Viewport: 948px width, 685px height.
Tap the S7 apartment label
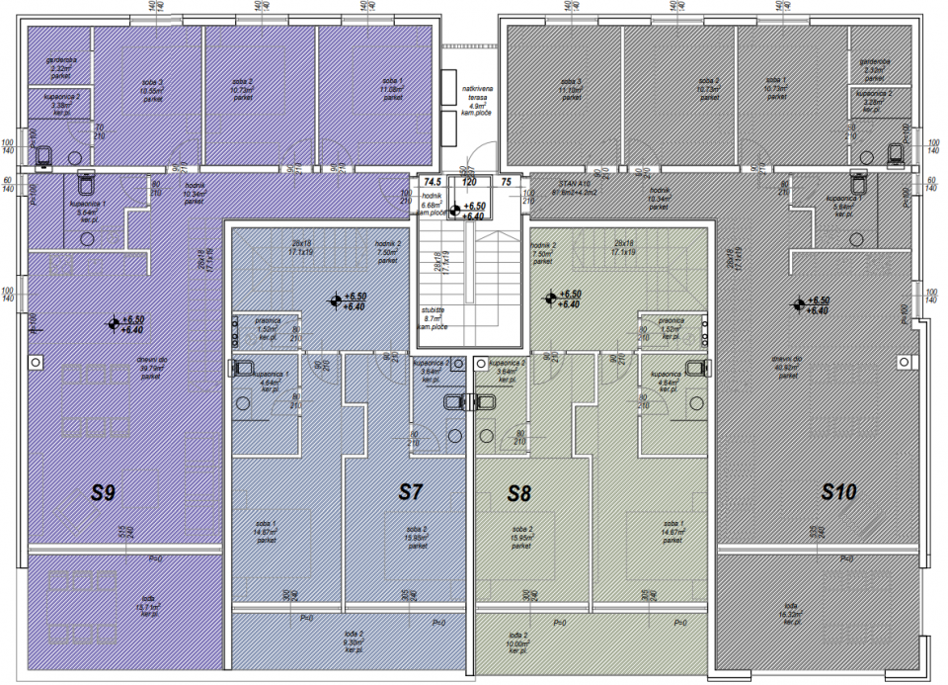pyautogui.click(x=411, y=490)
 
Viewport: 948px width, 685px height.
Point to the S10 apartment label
pyautogui.click(x=837, y=490)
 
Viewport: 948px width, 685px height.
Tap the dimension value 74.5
pyautogui.click(x=432, y=183)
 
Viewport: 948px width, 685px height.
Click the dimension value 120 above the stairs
pyautogui.click(x=469, y=183)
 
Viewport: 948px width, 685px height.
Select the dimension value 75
pyautogui.click(x=507, y=183)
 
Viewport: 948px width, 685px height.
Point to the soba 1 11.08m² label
pyautogui.click(x=392, y=89)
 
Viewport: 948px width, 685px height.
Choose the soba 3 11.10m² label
pyautogui.click(x=571, y=89)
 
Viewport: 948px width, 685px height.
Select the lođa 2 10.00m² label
pyautogui.click(x=515, y=643)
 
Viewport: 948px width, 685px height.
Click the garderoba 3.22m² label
pyautogui.click(x=61, y=67)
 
